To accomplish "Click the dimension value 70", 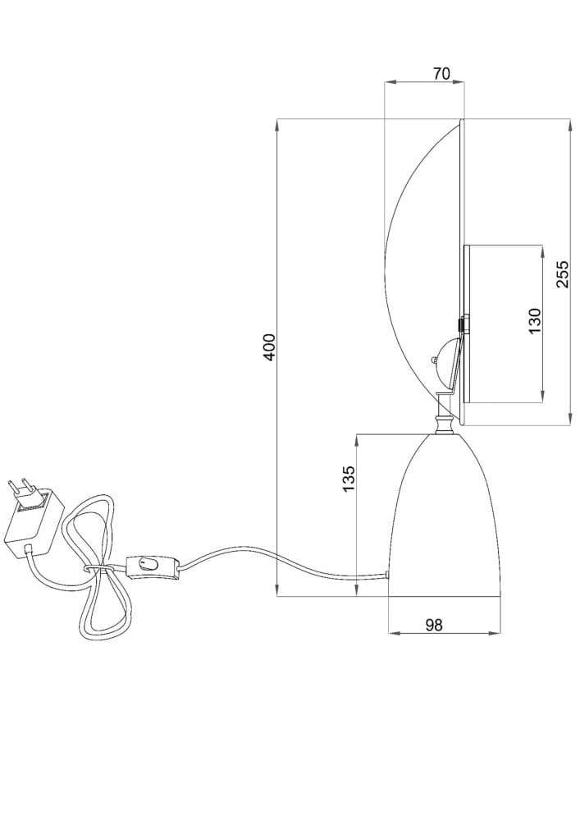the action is pos(441,73).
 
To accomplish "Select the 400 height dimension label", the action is pos(269,346).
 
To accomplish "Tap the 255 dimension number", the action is pos(562,273).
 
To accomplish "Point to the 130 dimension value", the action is pos(535,321).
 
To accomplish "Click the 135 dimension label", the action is pos(349,478).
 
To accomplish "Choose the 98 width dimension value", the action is pos(433,625).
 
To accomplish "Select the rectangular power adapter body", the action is pos(34,522).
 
